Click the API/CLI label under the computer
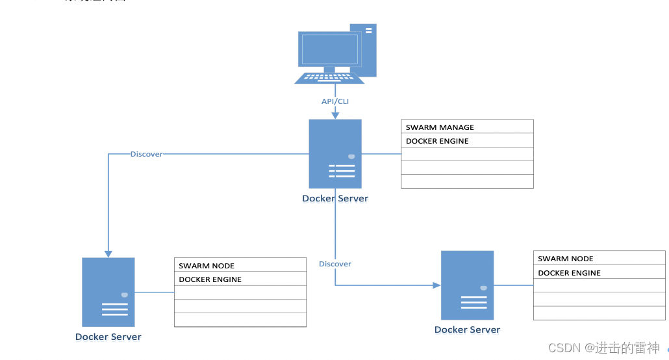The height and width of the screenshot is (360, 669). (335, 101)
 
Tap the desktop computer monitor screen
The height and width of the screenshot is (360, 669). (329, 49)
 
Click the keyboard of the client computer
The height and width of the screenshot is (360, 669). (329, 77)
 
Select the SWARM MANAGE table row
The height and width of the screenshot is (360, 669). (467, 127)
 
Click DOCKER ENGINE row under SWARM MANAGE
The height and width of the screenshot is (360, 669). (467, 141)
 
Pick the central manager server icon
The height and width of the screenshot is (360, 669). (335, 154)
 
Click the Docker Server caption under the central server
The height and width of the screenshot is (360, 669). (335, 199)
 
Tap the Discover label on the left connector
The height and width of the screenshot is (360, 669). (146, 154)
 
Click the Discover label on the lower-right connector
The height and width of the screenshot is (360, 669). (335, 264)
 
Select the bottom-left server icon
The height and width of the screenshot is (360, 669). (108, 292)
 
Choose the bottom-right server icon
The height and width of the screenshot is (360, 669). (468, 285)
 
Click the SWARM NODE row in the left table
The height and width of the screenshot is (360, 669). (240, 265)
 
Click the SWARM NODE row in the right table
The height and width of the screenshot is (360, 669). (599, 258)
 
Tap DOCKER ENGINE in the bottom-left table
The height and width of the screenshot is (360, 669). (240, 279)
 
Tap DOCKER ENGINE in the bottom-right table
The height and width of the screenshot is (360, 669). (599, 273)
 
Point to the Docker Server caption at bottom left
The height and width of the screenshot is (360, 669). (108, 337)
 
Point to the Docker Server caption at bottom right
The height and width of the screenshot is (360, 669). (468, 329)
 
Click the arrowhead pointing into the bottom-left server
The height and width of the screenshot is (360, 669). (108, 253)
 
